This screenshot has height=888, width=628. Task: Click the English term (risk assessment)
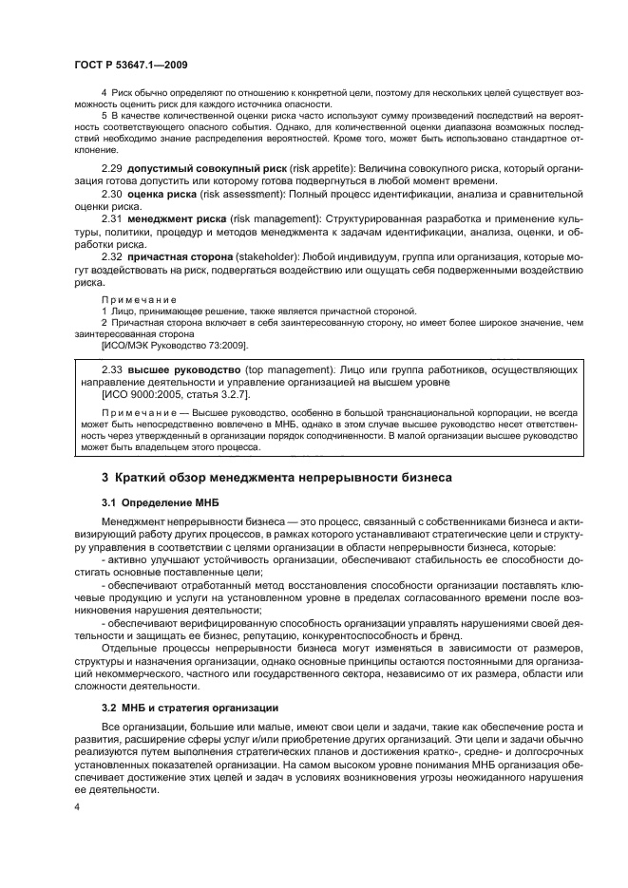coord(250,194)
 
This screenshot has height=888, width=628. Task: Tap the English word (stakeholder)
coord(281,257)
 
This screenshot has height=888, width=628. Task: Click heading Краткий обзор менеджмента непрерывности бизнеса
coord(283,474)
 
